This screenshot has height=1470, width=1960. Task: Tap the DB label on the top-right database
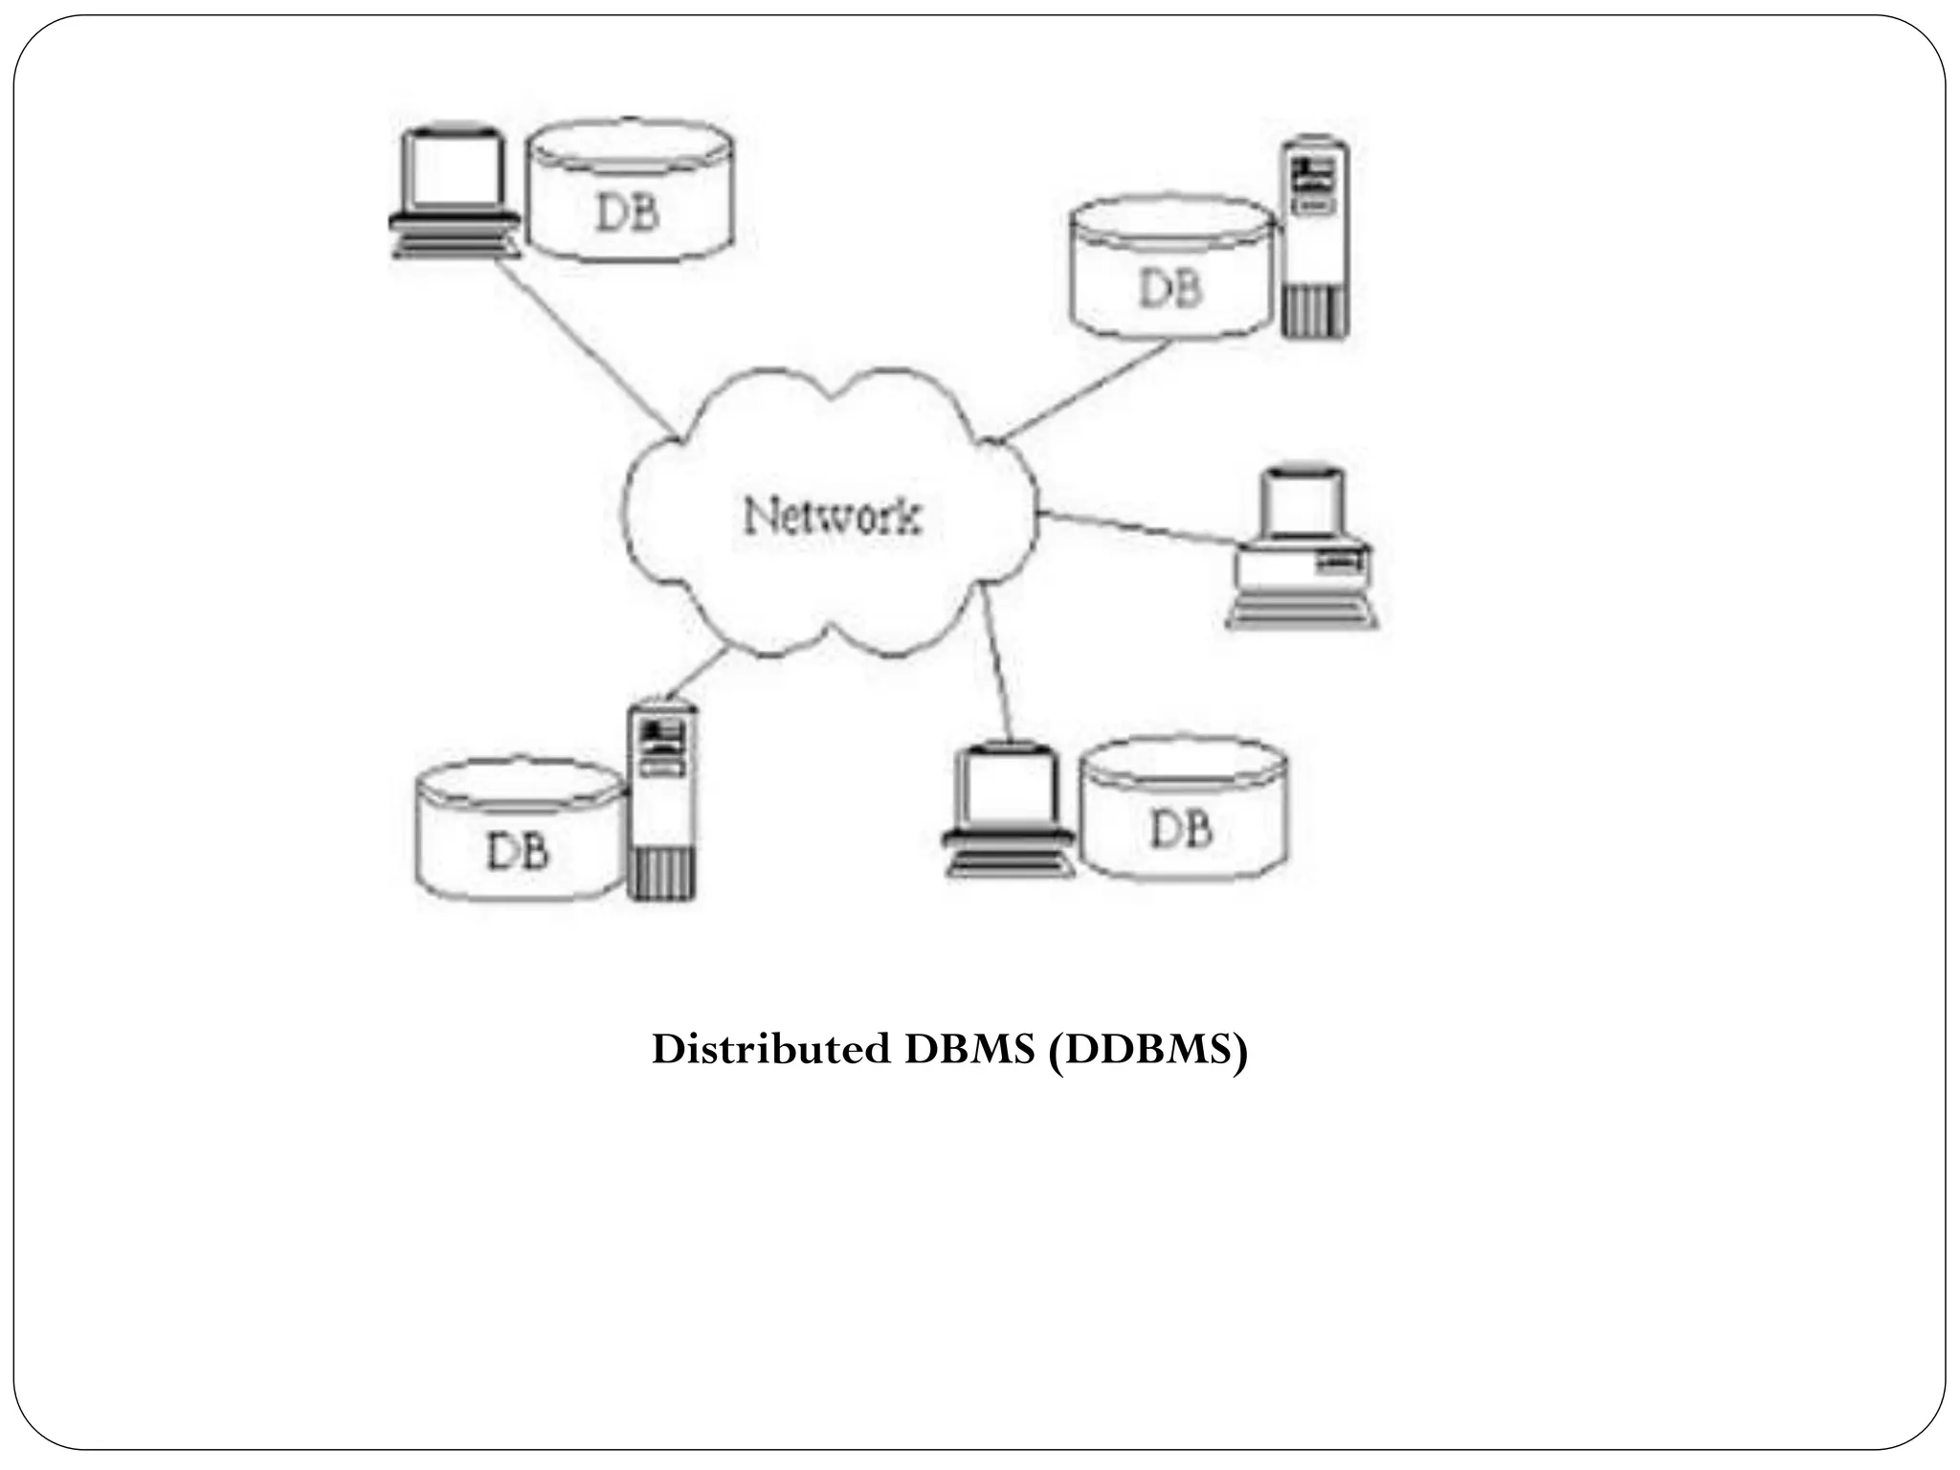click(1169, 287)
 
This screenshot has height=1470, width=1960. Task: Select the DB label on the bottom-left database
click(518, 850)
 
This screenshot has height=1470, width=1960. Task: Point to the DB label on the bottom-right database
click(1181, 828)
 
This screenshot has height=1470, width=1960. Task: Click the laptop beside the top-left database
click(455, 191)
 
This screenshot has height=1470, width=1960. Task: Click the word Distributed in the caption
click(770, 1051)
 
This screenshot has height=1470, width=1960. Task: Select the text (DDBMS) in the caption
click(1147, 1051)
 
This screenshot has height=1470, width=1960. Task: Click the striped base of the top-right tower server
click(1316, 311)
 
